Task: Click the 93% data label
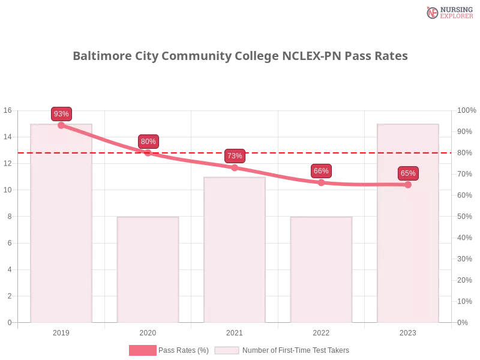[x=61, y=114]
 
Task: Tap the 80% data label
[x=148, y=142]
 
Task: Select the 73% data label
[x=235, y=156]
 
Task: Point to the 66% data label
[x=321, y=171]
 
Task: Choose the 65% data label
[x=408, y=173]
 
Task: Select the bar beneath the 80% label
[x=148, y=270]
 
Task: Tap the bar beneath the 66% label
[x=321, y=270]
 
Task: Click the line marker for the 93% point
[x=61, y=125]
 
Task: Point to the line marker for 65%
[x=408, y=185]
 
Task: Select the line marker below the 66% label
[x=321, y=182]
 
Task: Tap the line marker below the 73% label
[x=235, y=168]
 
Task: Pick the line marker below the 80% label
[x=148, y=154]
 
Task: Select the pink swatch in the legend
[x=142, y=350]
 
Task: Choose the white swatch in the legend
[x=227, y=350]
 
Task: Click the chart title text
[x=240, y=56]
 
